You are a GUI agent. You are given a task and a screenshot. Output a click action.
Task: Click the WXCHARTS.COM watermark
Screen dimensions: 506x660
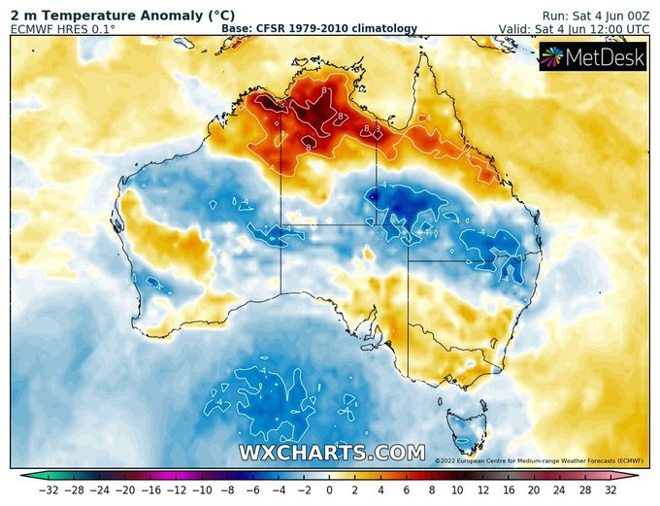[332, 453]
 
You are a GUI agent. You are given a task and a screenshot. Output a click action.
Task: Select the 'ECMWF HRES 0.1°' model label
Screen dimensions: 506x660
[63, 29]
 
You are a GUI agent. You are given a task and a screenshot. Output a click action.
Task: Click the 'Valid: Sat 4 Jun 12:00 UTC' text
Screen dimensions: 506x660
[574, 29]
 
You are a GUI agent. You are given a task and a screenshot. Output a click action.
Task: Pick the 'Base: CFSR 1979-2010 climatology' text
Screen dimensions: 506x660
[319, 29]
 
